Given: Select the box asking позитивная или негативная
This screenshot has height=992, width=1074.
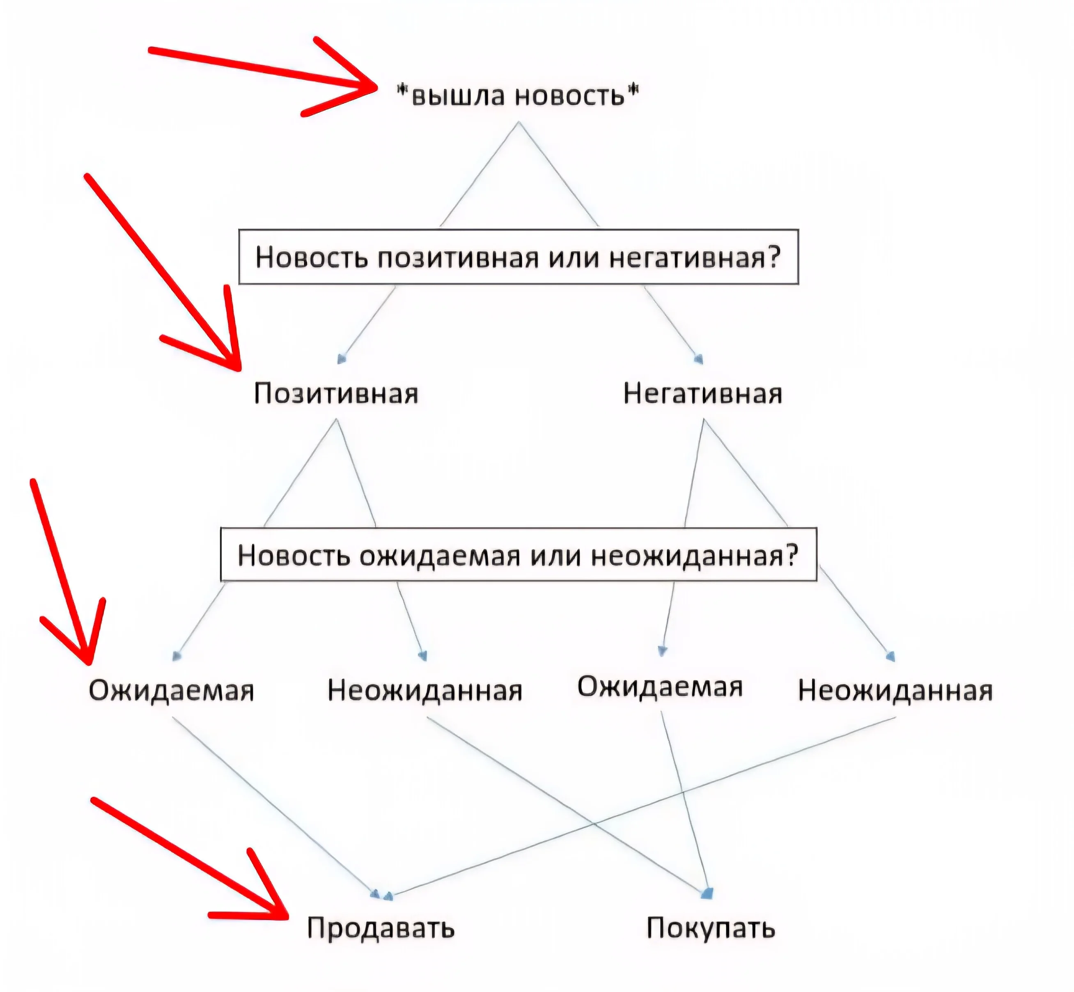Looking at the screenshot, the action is (519, 257).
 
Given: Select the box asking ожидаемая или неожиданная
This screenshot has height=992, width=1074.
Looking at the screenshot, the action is (519, 555).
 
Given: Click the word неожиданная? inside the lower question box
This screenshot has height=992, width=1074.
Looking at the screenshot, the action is (695, 556).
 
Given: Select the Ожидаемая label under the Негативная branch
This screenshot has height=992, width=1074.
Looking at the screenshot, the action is (660, 687).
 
